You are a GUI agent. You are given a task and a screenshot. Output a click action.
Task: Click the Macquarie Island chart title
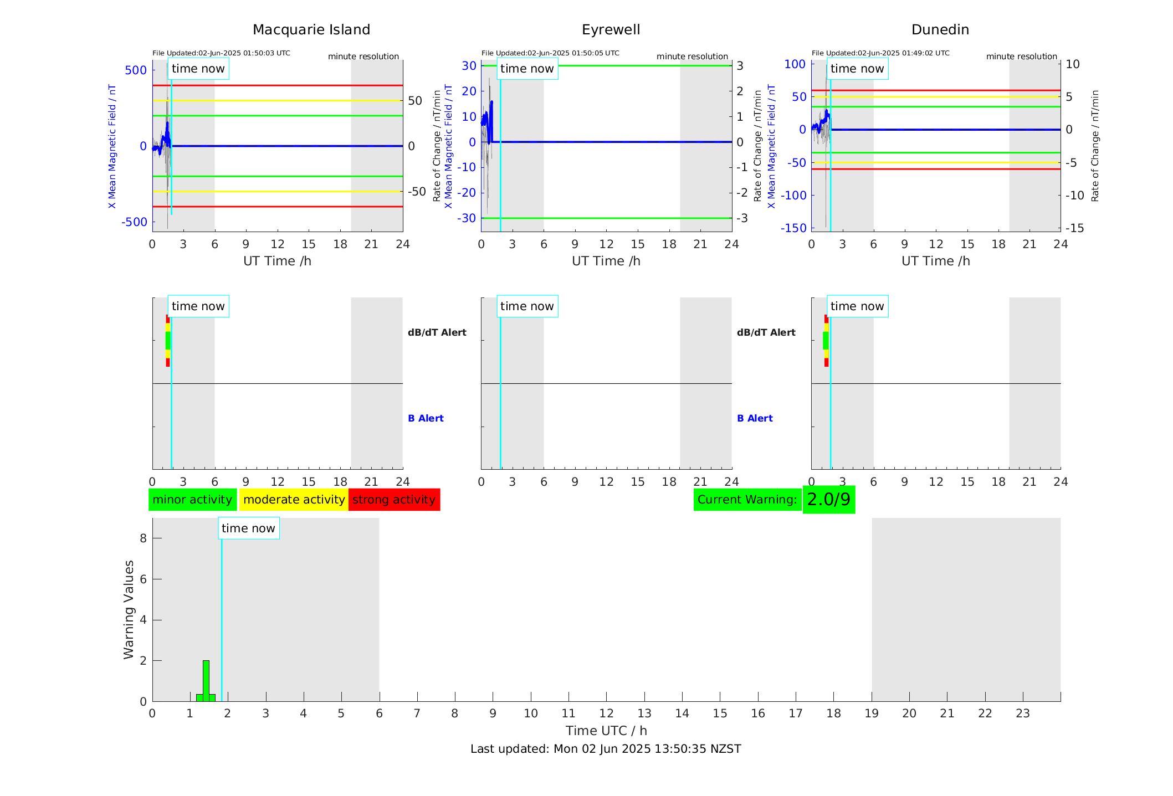[x=311, y=30]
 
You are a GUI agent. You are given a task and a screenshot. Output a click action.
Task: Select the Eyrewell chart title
[x=611, y=30]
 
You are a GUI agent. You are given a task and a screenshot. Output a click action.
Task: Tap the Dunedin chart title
[x=940, y=30]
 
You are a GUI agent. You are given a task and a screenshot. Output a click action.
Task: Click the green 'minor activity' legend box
[x=192, y=500]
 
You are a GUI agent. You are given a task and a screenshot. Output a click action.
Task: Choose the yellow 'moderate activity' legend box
[x=294, y=500]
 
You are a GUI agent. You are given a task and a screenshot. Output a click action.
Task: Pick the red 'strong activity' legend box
[x=394, y=500]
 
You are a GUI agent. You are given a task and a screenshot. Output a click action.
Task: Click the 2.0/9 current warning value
[x=828, y=500]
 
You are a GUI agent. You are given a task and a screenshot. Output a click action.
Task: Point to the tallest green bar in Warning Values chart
[x=206, y=680]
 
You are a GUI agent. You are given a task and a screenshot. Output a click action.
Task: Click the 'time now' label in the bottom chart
[x=248, y=528]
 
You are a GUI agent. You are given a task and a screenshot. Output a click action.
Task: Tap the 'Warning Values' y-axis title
[x=129, y=609]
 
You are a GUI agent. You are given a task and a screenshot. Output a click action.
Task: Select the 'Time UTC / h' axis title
[x=606, y=731]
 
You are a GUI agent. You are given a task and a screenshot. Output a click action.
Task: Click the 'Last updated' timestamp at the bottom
[x=606, y=749]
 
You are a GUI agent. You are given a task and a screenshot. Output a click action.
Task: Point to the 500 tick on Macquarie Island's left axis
[x=136, y=70]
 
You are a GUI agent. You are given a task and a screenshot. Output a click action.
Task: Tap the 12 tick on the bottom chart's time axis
[x=607, y=713]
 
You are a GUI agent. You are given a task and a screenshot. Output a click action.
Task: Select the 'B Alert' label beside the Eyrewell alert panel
[x=755, y=418]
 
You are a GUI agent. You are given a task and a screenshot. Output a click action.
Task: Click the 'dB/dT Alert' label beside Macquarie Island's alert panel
[x=437, y=332]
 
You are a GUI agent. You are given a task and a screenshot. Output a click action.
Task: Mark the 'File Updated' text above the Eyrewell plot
[x=550, y=53]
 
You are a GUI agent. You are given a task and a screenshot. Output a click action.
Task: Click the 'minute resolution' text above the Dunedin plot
[x=1021, y=57]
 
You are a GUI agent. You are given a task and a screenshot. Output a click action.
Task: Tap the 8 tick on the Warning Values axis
[x=144, y=538]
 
